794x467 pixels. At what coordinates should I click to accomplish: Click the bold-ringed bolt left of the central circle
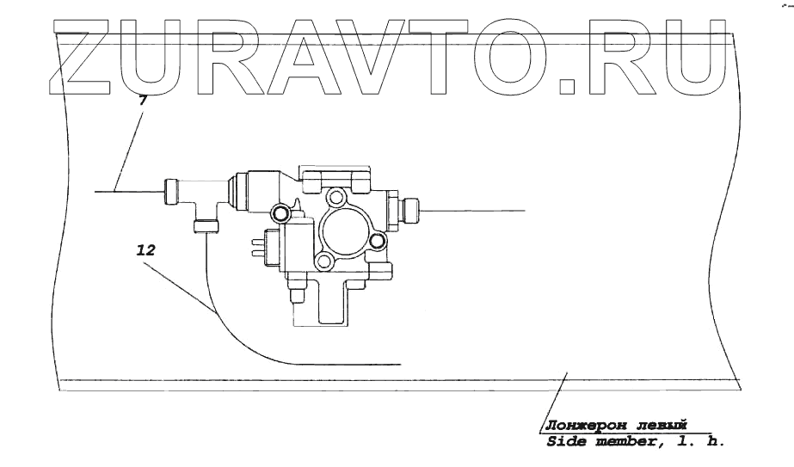tap(280, 212)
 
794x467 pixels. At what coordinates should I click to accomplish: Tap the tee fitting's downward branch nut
tap(205, 225)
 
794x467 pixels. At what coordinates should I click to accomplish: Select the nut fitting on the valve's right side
tap(407, 209)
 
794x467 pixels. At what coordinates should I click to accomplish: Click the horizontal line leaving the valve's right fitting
tap(473, 209)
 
